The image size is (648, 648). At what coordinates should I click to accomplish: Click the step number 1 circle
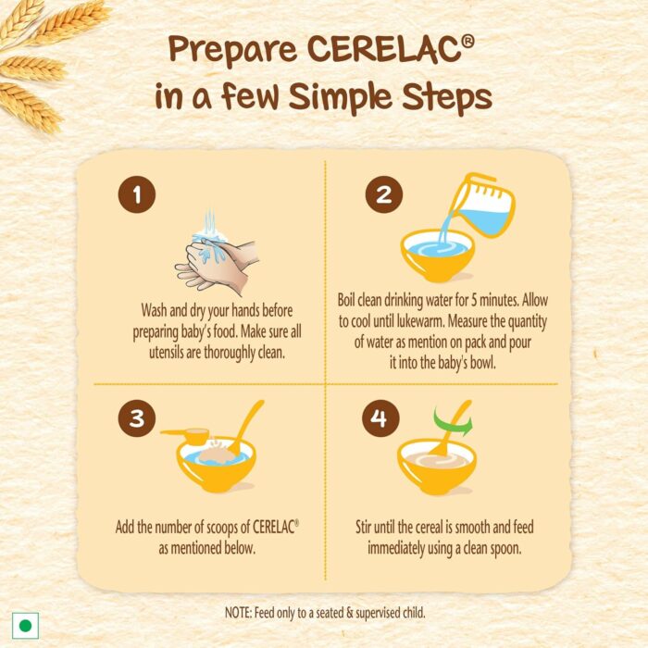137,194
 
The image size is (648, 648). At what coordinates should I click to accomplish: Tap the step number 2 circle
384,194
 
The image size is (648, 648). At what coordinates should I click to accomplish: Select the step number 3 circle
137,417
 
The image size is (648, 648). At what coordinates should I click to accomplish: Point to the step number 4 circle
380,417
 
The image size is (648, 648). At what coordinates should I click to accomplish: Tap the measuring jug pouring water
481,206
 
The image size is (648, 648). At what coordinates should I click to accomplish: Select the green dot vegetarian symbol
26,625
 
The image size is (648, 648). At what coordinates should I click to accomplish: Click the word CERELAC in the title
386,49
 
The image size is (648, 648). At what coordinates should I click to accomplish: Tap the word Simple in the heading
341,98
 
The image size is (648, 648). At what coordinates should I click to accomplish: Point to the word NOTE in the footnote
238,612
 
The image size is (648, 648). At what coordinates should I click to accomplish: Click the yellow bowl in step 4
437,467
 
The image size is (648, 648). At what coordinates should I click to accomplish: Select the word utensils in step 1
167,353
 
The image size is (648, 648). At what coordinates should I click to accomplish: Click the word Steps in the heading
447,98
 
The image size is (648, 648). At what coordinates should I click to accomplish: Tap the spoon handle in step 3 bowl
248,425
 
